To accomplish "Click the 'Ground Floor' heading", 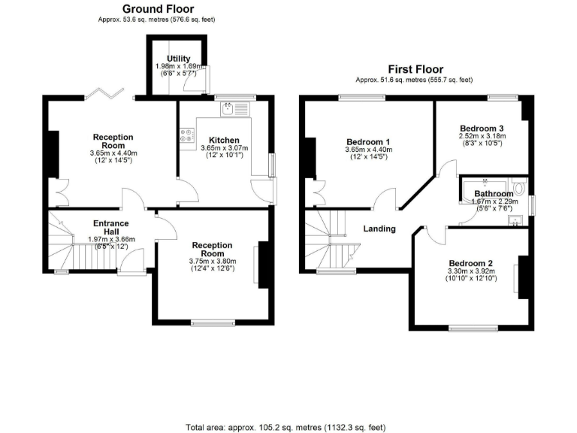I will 153,9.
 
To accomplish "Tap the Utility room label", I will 179,59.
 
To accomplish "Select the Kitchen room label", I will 224,140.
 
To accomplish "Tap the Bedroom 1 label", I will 368,141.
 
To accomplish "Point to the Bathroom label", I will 484,193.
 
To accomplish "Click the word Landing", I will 379,229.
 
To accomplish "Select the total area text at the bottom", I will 288,425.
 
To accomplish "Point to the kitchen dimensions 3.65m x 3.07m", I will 224,149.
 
